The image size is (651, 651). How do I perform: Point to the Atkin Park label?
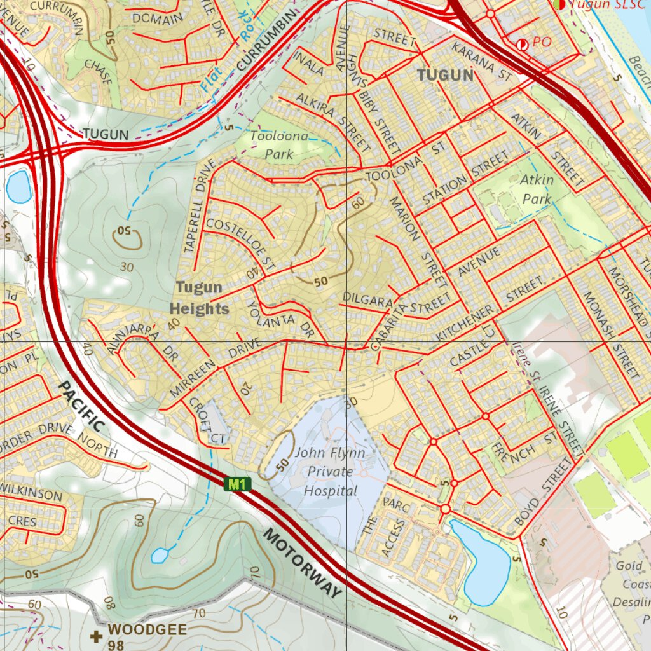click(537, 189)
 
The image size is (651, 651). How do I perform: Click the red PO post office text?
click(542, 42)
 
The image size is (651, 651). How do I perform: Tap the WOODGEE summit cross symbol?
click(96, 636)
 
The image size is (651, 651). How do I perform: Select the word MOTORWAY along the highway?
click(302, 563)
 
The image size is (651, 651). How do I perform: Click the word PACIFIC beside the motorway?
click(82, 406)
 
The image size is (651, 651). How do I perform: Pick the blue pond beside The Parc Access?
click(483, 562)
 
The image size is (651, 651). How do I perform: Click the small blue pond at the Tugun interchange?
click(18, 186)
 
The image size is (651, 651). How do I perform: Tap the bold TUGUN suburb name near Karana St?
click(445, 76)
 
